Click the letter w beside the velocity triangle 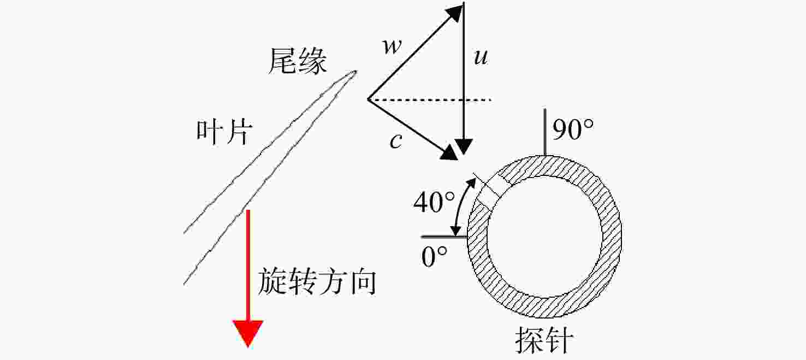click(392, 47)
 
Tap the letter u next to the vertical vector click(481, 57)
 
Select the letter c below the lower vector click(396, 140)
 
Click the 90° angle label click(573, 129)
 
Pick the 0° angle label click(434, 257)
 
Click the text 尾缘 click(298, 62)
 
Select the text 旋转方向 click(317, 281)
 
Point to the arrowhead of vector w click(454, 12)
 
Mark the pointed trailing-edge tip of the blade click(355, 72)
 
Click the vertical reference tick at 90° click(545, 132)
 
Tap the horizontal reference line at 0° click(445, 237)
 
